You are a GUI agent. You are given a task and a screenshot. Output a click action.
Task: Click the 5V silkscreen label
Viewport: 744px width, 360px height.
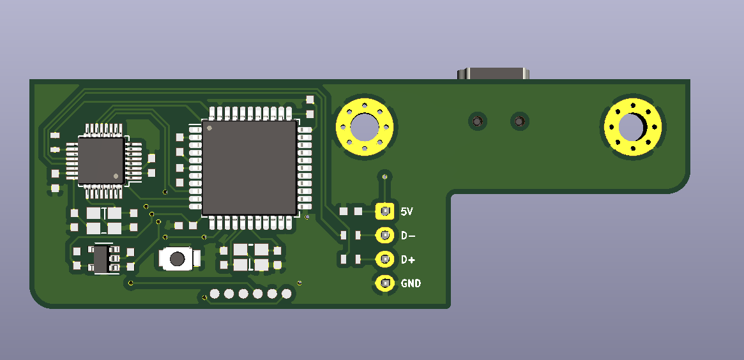point(407,211)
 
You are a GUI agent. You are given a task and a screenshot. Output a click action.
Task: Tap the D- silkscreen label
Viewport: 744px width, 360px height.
point(408,236)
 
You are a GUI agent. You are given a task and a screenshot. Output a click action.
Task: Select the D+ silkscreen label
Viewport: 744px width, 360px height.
point(408,259)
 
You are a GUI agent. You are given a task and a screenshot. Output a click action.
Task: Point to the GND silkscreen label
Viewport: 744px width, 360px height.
point(411,283)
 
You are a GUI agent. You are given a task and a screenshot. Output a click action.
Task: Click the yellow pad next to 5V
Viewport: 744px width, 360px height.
point(385,211)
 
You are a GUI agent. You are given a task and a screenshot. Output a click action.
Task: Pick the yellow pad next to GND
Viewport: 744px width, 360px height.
point(385,283)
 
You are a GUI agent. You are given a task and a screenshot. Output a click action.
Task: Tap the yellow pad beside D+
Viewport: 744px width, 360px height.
point(385,259)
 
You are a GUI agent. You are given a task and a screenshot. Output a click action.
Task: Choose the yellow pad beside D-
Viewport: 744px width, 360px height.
point(385,235)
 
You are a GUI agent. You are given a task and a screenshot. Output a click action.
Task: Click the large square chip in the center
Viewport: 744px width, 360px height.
point(250,168)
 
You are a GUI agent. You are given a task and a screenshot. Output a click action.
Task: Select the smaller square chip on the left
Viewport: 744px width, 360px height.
point(101,161)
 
